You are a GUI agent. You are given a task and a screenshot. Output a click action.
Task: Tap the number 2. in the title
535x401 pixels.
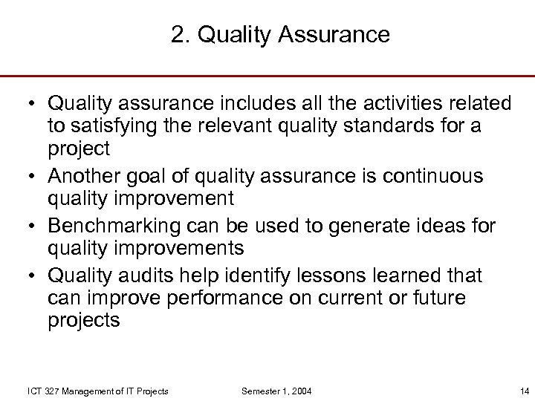tap(180, 35)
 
